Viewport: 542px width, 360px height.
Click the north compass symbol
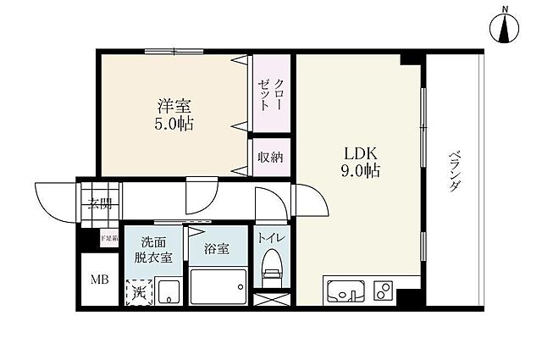tap(506, 29)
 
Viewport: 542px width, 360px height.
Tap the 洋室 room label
tap(174, 108)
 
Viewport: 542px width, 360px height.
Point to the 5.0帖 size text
tap(174, 125)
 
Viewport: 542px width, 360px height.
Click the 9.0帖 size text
tap(360, 171)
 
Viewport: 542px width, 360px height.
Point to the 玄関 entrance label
tap(100, 204)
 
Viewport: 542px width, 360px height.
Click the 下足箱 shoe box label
tap(108, 238)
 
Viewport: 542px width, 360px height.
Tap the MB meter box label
tap(100, 279)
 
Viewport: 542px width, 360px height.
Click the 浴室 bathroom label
tap(216, 249)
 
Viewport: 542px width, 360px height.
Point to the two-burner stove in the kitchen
tap(382, 291)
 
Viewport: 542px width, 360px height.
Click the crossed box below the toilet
tap(272, 297)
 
